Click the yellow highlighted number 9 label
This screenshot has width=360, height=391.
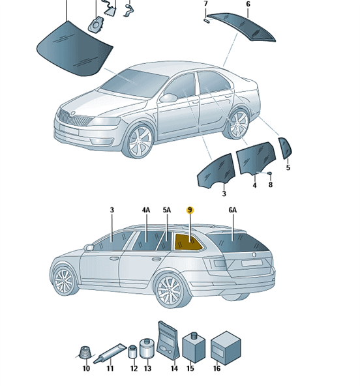click(x=190, y=210)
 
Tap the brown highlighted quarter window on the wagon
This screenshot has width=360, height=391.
click(x=187, y=242)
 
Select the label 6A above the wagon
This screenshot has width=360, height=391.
click(x=233, y=210)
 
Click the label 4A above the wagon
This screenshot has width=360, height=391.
click(x=146, y=210)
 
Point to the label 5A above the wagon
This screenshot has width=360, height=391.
click(x=167, y=210)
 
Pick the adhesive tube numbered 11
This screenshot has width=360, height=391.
click(x=110, y=353)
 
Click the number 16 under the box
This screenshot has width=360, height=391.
click(x=217, y=368)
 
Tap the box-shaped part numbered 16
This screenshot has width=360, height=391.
click(x=226, y=348)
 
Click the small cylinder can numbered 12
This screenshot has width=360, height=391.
click(x=133, y=352)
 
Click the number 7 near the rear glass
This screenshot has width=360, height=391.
click(x=205, y=4)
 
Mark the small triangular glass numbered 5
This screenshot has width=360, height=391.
click(x=285, y=148)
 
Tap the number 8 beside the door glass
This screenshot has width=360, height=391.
click(x=271, y=184)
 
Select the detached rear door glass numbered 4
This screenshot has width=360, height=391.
click(x=256, y=158)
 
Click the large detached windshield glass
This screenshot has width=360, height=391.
click(x=74, y=48)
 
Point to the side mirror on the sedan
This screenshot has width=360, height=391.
click(x=168, y=97)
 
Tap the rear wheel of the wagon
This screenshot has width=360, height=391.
click(x=170, y=291)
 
